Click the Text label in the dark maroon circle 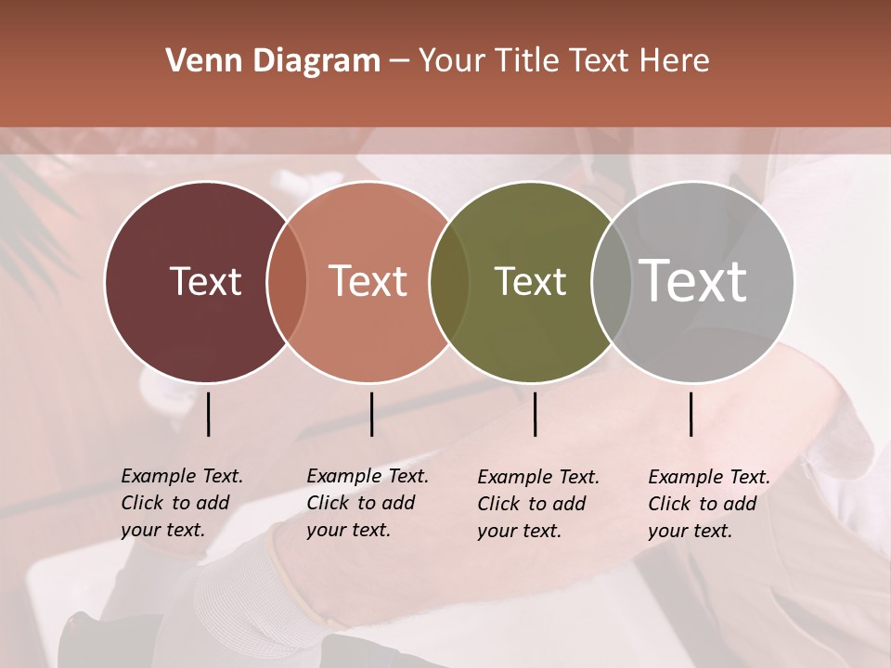tap(205, 281)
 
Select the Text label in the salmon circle tap(368, 281)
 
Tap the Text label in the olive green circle tap(530, 281)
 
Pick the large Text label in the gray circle tap(693, 280)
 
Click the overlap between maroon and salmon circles tap(287, 281)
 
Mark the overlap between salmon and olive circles tap(449, 281)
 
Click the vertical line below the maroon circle tap(209, 414)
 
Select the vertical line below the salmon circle tap(371, 414)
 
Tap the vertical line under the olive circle tap(535, 414)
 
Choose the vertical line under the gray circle tap(691, 414)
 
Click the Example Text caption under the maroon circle tap(181, 503)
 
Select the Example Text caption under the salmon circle tap(367, 503)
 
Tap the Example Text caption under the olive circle tap(537, 504)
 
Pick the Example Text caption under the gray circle tap(708, 504)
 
